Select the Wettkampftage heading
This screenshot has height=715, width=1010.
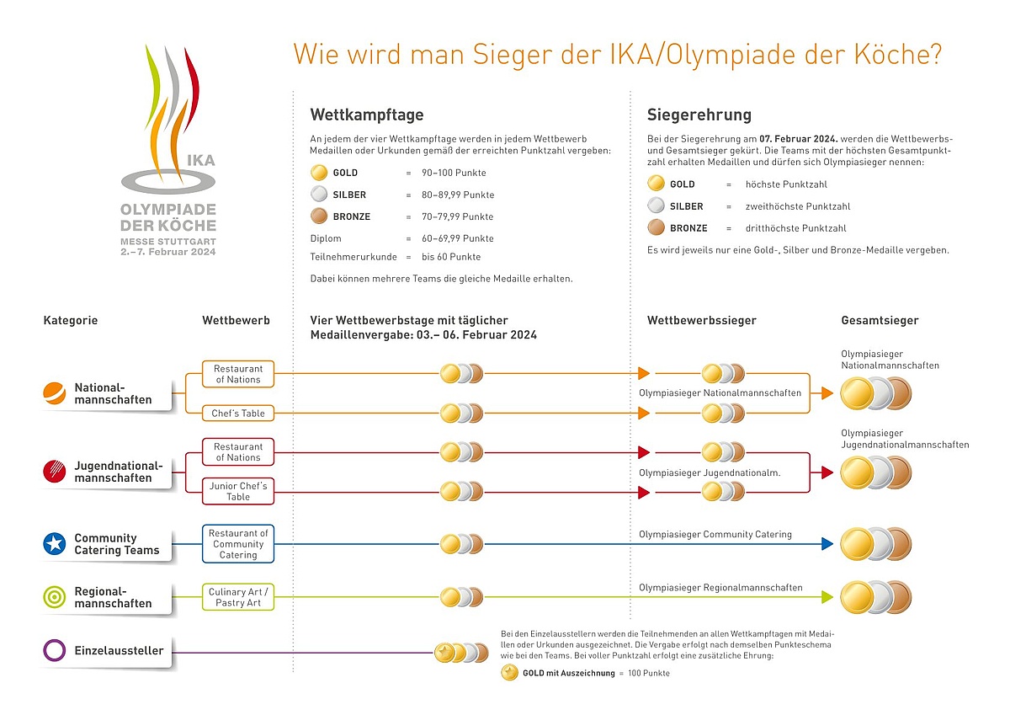(367, 115)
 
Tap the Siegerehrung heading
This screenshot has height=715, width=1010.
(699, 115)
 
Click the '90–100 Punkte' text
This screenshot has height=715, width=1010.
(454, 173)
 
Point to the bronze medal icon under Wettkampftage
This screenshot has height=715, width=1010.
(319, 216)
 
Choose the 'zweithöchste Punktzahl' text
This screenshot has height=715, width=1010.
(798, 206)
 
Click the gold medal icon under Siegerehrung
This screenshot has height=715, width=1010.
(656, 183)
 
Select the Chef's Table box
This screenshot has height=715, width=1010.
(238, 414)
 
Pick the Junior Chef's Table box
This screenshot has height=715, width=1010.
(238, 491)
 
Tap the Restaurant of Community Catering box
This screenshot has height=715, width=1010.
(238, 543)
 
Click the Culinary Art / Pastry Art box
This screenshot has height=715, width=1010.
(238, 597)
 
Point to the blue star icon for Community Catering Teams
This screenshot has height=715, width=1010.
(55, 543)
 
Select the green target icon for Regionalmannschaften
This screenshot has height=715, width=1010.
(55, 597)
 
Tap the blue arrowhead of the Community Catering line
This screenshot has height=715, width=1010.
(827, 543)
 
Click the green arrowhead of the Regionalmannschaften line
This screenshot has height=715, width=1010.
(827, 597)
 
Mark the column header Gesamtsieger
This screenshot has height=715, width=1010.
(880, 320)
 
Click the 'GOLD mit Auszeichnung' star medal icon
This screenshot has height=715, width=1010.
(509, 673)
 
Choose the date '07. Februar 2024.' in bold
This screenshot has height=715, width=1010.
(799, 139)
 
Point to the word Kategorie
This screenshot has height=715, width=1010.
(71, 320)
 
